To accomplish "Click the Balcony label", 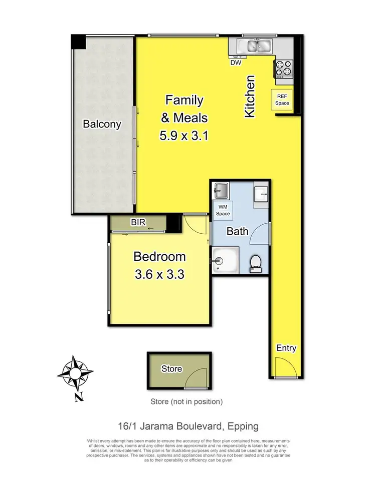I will [102, 124].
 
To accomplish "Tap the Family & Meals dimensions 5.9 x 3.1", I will [183, 136].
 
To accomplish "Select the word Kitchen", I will [250, 97].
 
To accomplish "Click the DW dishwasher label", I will [236, 63].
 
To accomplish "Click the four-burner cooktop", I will [283, 69].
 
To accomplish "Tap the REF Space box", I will [282, 100].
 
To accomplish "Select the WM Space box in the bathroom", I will [223, 211].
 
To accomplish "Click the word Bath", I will [237, 232].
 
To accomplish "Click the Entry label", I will [286, 348].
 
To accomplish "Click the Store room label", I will [171, 369].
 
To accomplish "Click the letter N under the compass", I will [78, 398].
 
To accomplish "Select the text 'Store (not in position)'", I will [186, 401].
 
